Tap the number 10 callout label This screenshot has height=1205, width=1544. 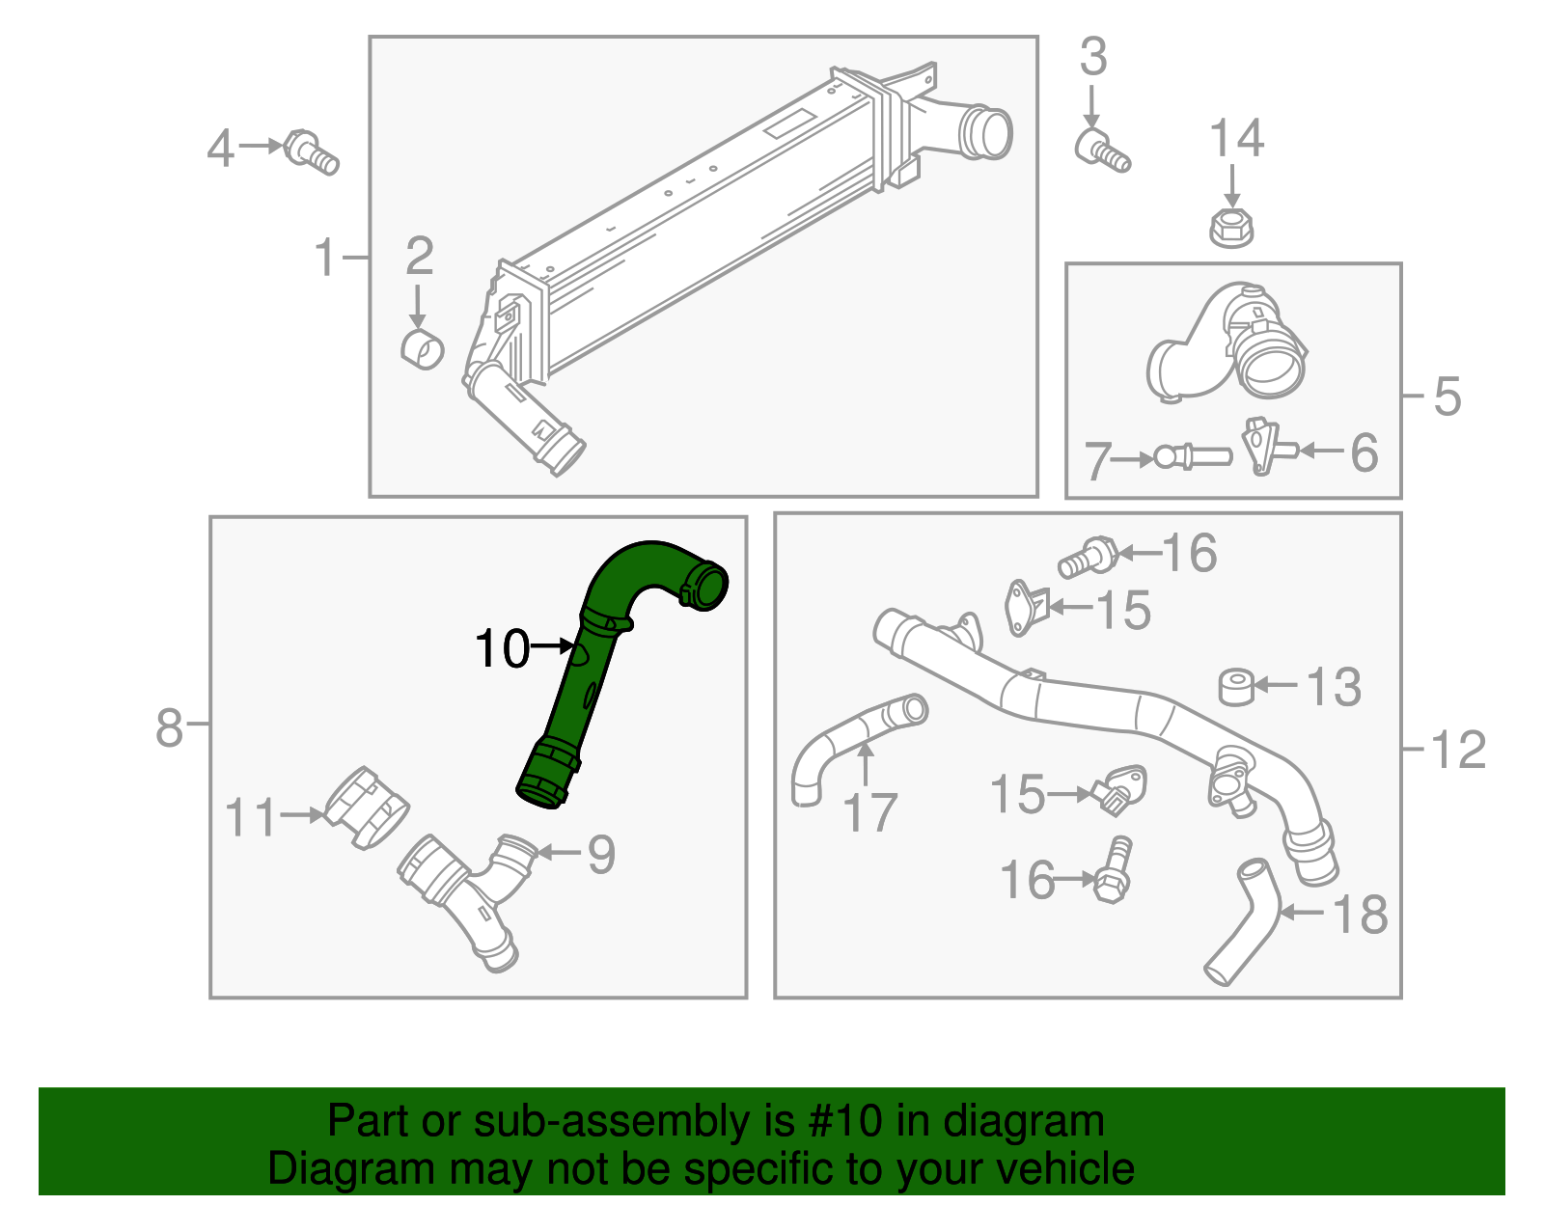[x=503, y=648]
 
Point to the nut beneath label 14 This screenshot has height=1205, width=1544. [x=1230, y=228]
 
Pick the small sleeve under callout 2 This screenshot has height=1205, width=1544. [x=422, y=348]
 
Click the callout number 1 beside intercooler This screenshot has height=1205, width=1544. [x=326, y=259]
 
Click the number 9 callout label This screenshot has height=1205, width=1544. [x=601, y=854]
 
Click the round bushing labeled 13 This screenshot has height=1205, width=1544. [x=1236, y=687]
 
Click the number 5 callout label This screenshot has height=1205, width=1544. [x=1447, y=397]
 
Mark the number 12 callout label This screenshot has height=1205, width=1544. [x=1458, y=750]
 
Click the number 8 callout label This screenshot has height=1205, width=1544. [x=169, y=726]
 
